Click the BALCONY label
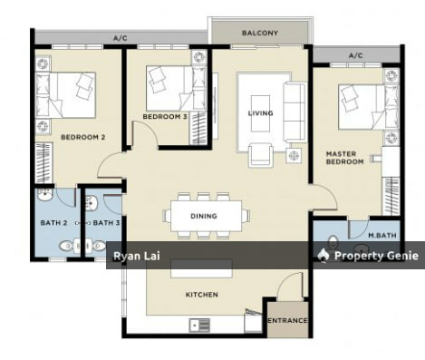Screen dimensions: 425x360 [x=260, y=33]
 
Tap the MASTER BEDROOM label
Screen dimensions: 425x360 [x=344, y=158]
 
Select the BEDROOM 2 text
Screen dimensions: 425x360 [x=83, y=137]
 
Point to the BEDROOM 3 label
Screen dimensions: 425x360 [x=165, y=116]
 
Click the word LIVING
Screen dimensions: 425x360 [x=260, y=113]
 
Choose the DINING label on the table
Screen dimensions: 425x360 [x=204, y=216]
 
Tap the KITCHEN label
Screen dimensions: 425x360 [x=202, y=295]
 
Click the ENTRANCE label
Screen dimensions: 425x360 [x=287, y=320]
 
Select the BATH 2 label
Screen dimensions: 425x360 [x=53, y=223]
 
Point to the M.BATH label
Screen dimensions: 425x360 [x=382, y=235]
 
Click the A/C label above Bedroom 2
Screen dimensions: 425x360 [x=121, y=38]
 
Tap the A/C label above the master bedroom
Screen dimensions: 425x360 [x=356, y=55]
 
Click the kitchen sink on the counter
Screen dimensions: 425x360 [x=199, y=326]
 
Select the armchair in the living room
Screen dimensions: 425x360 [x=261, y=155]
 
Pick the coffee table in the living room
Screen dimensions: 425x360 [x=260, y=113]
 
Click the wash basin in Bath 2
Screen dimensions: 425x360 [x=45, y=195]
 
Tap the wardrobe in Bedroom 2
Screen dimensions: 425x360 [x=43, y=162]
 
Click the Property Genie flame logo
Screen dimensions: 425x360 [x=324, y=256]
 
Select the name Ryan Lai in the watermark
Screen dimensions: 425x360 [x=137, y=257]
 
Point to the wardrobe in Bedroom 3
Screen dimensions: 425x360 [x=198, y=128]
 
